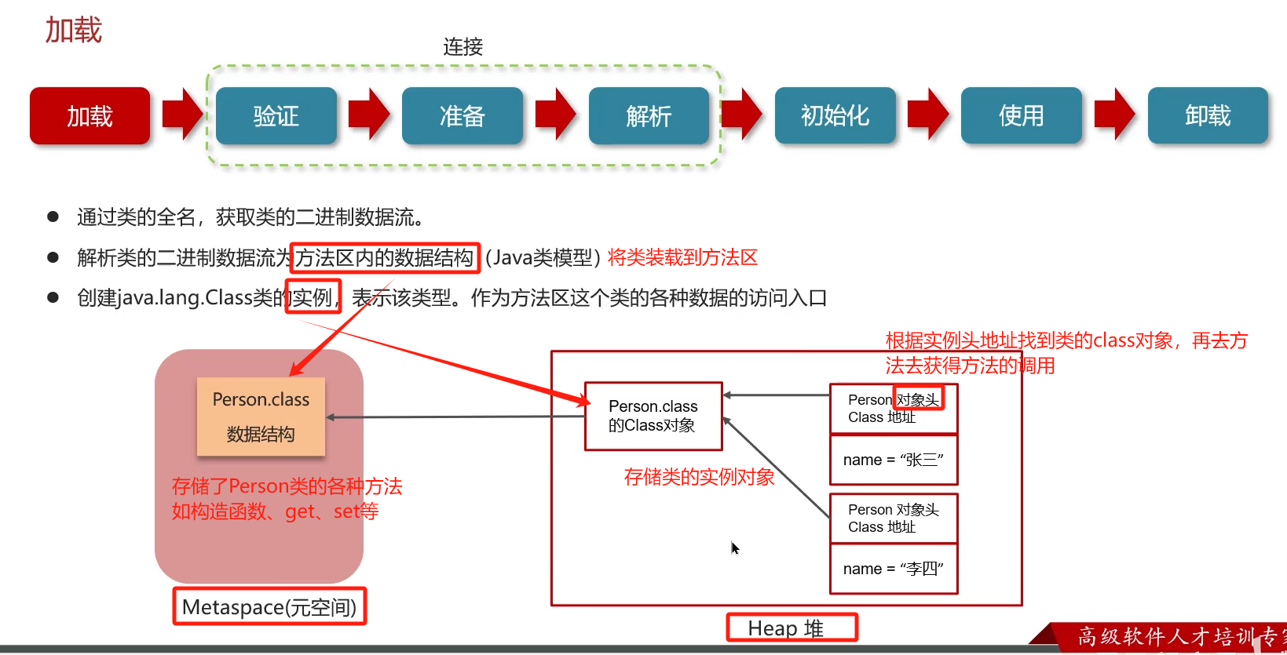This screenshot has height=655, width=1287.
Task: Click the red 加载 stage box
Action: pyautogui.click(x=90, y=116)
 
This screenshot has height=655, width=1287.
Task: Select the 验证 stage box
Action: pyautogui.click(x=276, y=116)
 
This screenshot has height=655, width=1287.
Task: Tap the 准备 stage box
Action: pyautogui.click(x=462, y=116)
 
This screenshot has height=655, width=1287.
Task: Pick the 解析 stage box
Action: pyautogui.click(x=649, y=116)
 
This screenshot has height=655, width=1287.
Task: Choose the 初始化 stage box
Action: pyautogui.click(x=835, y=116)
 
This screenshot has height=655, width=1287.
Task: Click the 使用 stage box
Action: pyautogui.click(x=1021, y=116)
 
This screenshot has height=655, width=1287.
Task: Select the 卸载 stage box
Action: pyautogui.click(x=1208, y=116)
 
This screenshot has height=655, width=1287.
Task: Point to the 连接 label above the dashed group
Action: pyautogui.click(x=463, y=47)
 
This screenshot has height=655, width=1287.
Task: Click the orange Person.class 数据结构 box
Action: pyautogui.click(x=261, y=417)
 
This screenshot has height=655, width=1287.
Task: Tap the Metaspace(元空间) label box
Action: pyautogui.click(x=269, y=607)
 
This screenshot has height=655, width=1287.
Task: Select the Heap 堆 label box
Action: pyautogui.click(x=792, y=628)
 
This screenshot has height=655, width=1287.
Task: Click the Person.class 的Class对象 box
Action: pyautogui.click(x=653, y=416)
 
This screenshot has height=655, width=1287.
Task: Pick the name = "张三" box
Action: pyautogui.click(x=894, y=460)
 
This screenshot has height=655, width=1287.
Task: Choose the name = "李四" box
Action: pyautogui.click(x=894, y=569)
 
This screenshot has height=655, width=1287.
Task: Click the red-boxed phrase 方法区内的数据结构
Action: pyautogui.click(x=385, y=258)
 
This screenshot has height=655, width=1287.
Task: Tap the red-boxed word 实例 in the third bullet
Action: pyautogui.click(x=313, y=297)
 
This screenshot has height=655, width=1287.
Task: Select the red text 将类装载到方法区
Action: pyautogui.click(x=682, y=258)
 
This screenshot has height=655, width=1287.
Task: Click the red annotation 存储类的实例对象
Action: pyautogui.click(x=699, y=477)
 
